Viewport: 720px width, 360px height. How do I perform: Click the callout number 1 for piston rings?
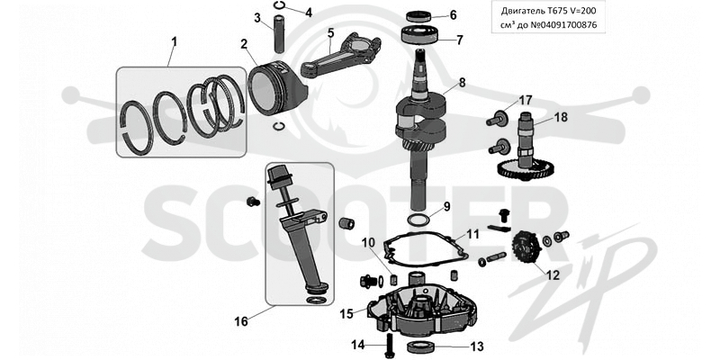(x=174, y=42)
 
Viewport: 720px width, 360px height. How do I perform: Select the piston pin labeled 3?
(x=281, y=35)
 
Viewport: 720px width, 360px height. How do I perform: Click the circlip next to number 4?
(x=279, y=5)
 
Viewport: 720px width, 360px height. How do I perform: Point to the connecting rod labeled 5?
(x=341, y=55)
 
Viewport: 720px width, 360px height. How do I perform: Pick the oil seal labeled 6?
(x=418, y=17)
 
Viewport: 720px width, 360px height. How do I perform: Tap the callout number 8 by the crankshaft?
(x=462, y=83)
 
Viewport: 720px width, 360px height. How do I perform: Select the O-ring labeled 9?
(x=418, y=219)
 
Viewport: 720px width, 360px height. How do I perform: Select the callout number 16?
(x=241, y=321)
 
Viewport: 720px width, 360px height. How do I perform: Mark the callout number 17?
(x=526, y=100)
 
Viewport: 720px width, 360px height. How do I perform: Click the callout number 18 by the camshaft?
(x=561, y=118)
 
